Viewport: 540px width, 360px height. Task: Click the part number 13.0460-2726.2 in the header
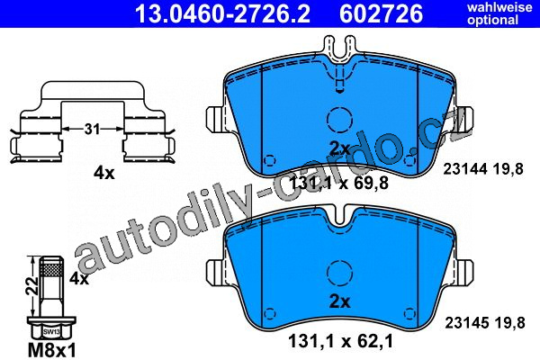click(222, 13)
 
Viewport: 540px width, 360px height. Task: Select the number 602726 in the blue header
click(382, 13)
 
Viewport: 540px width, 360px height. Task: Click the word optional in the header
click(493, 20)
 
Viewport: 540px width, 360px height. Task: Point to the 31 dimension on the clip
click(93, 130)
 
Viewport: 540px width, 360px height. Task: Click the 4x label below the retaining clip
click(104, 173)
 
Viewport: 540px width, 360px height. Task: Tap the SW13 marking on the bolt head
click(50, 332)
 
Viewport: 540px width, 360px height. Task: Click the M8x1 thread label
click(51, 351)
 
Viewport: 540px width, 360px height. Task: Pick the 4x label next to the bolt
click(79, 278)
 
